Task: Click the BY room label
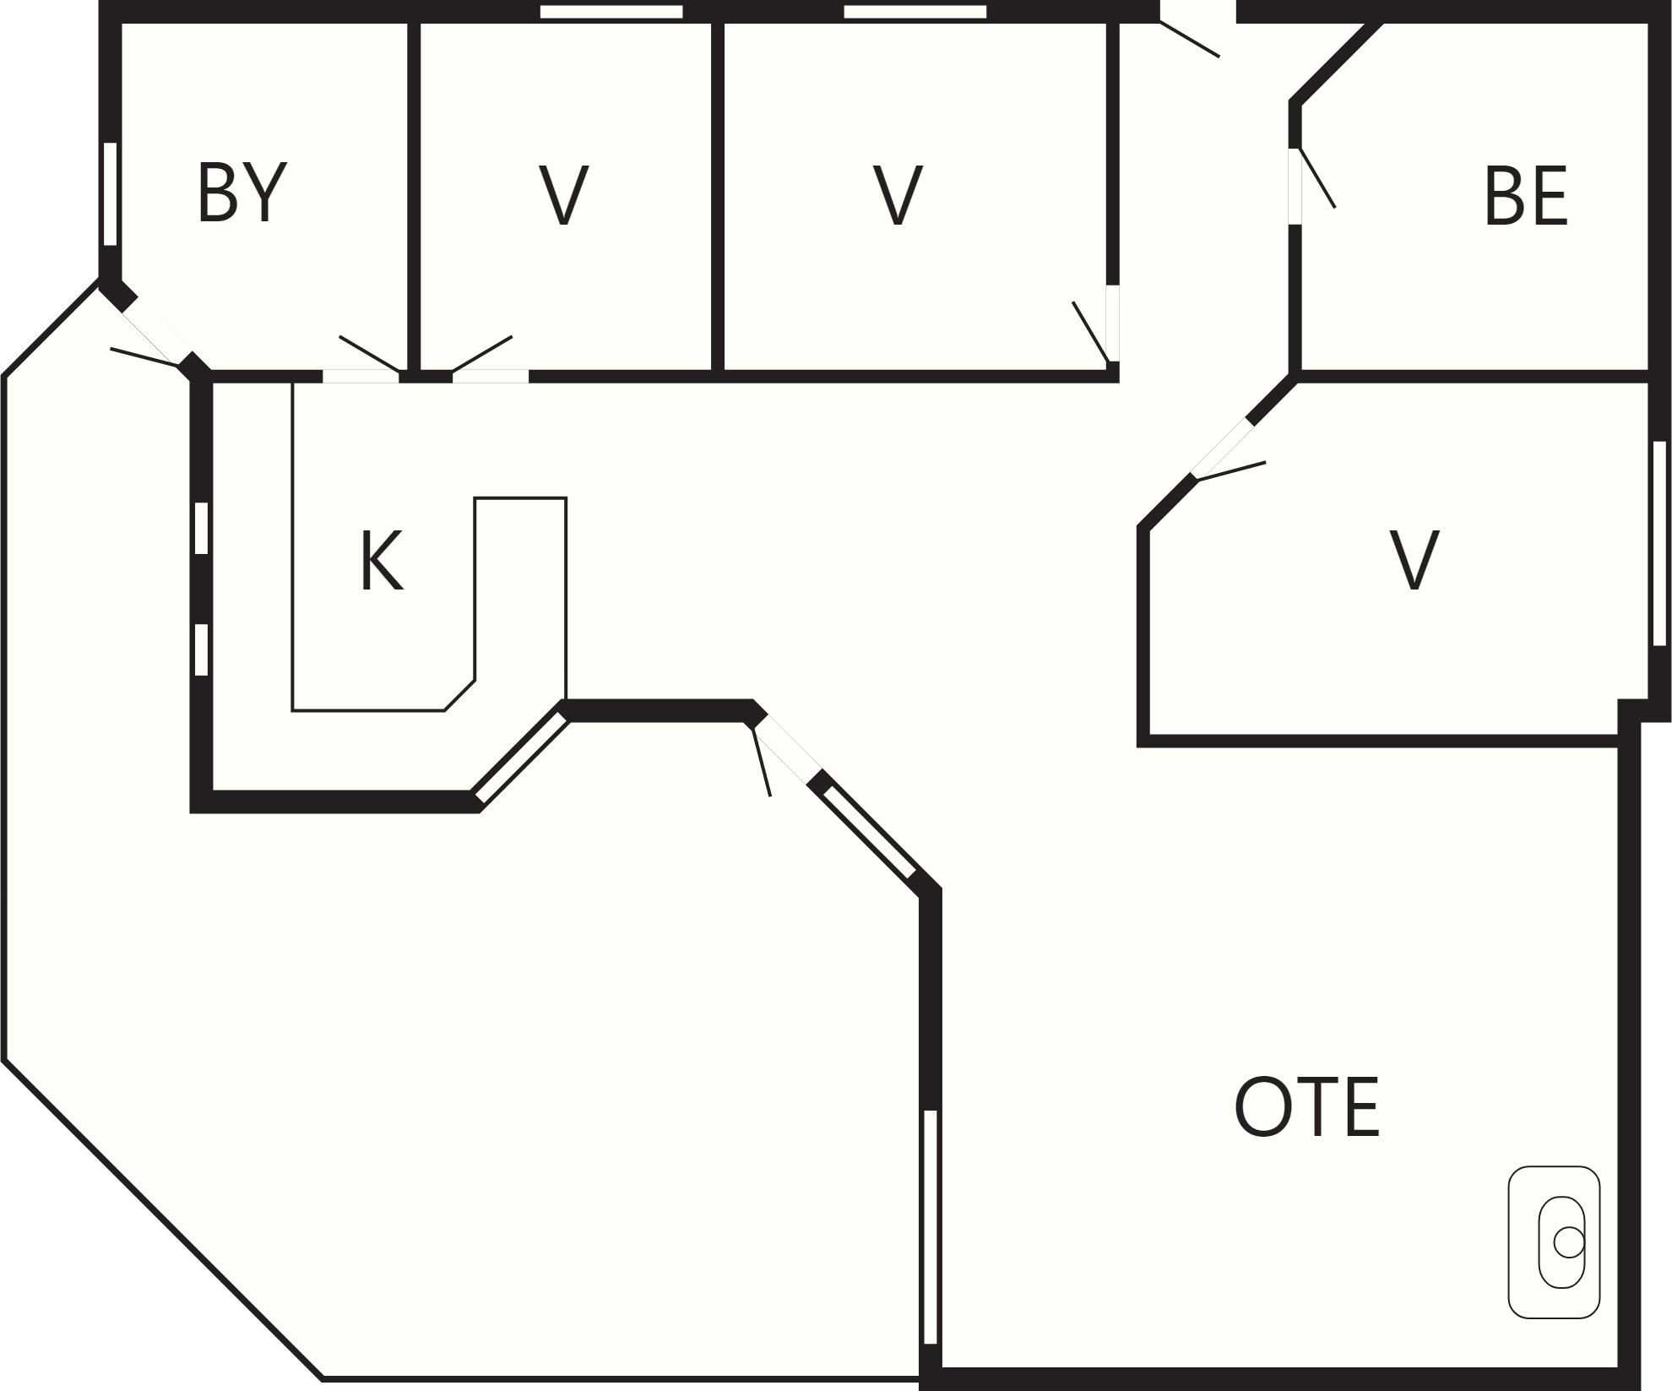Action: tap(242, 193)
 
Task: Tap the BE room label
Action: tap(1525, 196)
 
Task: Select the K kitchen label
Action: tap(382, 561)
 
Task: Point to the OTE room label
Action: tap(1306, 1106)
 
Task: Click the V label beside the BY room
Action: tap(563, 195)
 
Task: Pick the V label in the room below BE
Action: tap(1414, 560)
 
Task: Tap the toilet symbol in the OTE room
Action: tap(1554, 1242)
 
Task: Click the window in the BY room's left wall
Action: tap(110, 193)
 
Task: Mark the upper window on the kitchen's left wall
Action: tap(201, 528)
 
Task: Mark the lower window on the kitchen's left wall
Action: tap(201, 649)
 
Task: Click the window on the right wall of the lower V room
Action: tap(1659, 543)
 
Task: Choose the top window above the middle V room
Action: tap(611, 12)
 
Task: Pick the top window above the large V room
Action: tap(915, 12)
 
